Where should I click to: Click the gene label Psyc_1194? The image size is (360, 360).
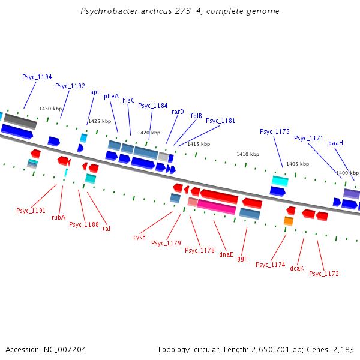tap(37, 77)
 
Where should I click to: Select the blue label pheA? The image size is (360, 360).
tap(112, 96)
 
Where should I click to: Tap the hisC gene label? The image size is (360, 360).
tap(128, 100)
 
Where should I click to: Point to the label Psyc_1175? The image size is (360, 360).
tap(275, 131)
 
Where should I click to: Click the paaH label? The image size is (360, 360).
tap(335, 143)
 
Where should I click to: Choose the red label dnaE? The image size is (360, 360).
tap(226, 254)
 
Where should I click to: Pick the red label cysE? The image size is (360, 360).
tap(139, 236)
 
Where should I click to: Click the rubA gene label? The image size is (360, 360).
tap(58, 217)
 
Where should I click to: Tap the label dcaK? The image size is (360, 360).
tap(296, 268)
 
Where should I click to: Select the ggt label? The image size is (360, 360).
tap(242, 258)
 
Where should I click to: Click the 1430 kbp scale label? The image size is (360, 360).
tap(50, 109)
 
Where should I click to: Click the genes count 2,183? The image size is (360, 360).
tap(342, 349)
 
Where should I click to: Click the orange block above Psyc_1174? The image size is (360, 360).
tap(289, 221)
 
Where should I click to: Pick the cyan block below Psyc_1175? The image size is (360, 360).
tap(280, 181)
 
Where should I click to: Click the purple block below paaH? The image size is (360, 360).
tap(352, 193)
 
